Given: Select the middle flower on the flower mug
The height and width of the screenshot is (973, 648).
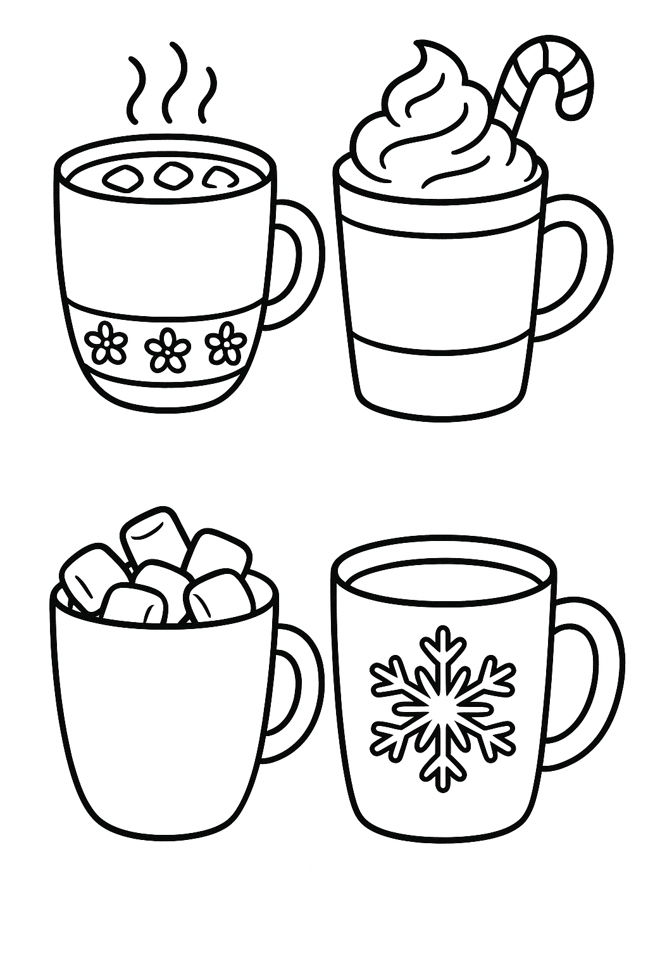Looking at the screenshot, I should click(x=163, y=347).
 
